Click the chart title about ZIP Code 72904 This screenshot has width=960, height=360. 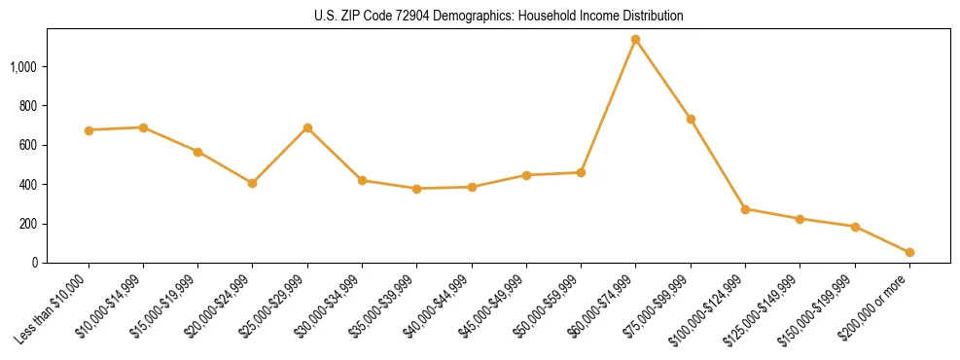tap(499, 17)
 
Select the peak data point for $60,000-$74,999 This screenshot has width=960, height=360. tap(635, 40)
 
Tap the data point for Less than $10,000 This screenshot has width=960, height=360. tap(89, 130)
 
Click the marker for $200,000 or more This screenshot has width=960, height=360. tap(909, 252)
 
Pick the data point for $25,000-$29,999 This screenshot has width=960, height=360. tap(307, 127)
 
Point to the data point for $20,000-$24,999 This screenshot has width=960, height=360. tap(253, 183)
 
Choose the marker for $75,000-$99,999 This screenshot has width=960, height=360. tap(691, 119)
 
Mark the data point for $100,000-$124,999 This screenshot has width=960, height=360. tap(745, 209)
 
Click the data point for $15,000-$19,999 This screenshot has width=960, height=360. tap(197, 152)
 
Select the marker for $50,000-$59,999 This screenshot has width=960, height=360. tap(581, 172)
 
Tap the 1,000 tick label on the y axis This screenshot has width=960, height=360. tap(23, 67)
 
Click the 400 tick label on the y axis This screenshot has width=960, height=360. tap(28, 185)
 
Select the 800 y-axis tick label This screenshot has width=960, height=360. tap(28, 106)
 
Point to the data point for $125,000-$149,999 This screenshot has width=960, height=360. tap(800, 219)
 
